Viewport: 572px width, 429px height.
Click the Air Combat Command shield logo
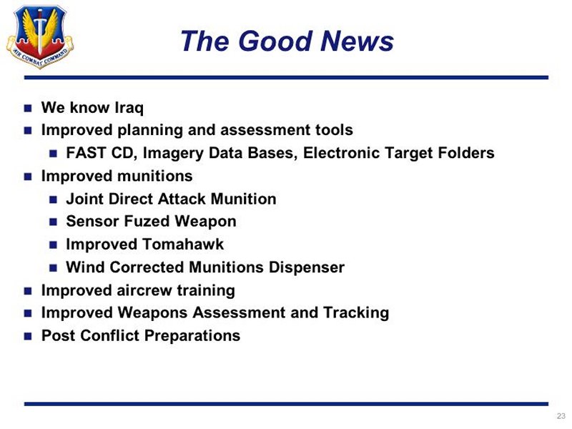pos(40,36)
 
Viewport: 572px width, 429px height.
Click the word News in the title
pos(357,41)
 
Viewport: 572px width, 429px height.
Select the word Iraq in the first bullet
pos(129,108)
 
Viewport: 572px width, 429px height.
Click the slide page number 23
pos(561,416)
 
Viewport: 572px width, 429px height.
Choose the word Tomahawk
pos(183,245)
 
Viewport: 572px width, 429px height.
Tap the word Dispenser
pos(307,267)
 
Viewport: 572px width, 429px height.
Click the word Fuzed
pos(147,222)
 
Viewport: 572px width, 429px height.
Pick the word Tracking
pos(356,313)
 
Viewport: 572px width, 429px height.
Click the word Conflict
pos(109,335)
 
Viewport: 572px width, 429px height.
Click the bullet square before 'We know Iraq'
pos(28,109)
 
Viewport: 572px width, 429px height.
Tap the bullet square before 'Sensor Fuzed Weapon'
pos(53,222)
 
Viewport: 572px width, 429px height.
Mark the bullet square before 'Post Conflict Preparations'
pos(28,336)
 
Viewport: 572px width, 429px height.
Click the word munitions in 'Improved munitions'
pos(154,176)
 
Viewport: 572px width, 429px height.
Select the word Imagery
pos(173,154)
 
